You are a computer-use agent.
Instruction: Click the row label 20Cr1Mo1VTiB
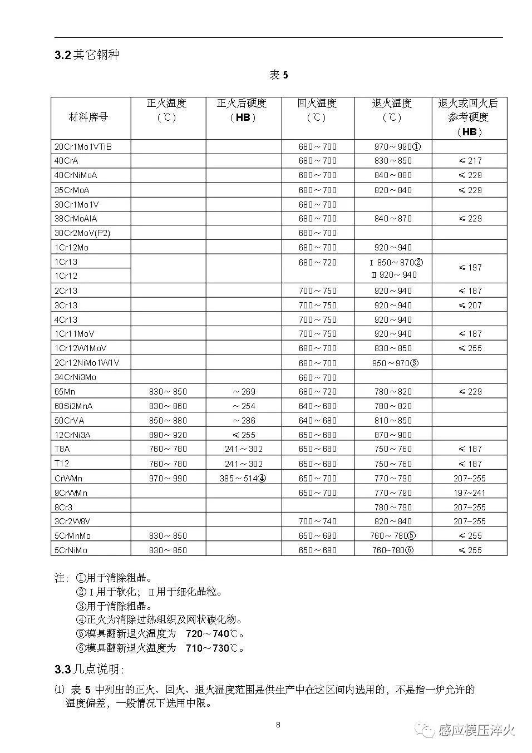83,147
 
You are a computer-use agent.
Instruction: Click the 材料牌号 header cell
88,117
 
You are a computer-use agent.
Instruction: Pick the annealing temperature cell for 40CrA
393,161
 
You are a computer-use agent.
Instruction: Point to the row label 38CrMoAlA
76,219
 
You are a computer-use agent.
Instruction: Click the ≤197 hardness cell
470,268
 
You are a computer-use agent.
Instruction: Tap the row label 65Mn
65,392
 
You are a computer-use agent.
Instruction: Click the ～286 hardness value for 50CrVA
244,421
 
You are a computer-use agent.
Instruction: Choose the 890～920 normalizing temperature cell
168,435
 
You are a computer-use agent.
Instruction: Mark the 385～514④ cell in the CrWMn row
243,478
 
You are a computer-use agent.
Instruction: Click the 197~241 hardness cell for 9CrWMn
469,493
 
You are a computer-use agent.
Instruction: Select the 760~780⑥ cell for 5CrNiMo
393,550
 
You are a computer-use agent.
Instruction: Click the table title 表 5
279,75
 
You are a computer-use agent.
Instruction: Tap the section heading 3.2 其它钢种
87,55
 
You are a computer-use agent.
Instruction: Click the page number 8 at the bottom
278,725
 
